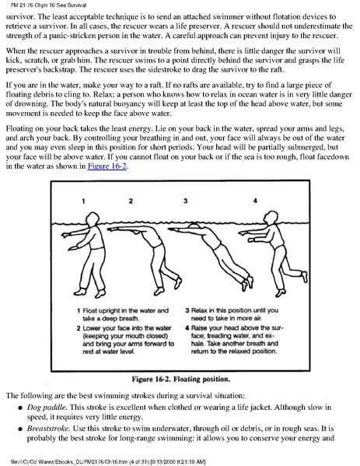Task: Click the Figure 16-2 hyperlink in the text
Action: (x=107, y=166)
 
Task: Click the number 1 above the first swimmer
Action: (x=83, y=201)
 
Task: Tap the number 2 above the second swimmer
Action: (x=131, y=201)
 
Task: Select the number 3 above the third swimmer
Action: (x=185, y=201)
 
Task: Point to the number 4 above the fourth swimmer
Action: (x=255, y=201)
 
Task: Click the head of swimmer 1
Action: (x=92, y=219)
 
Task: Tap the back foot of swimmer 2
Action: (x=178, y=282)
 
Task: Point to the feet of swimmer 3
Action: (x=248, y=282)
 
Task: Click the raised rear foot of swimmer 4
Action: (x=304, y=277)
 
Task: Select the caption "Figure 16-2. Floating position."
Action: (x=181, y=379)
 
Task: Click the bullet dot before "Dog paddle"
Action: (x=20, y=408)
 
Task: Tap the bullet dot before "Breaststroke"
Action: (x=20, y=429)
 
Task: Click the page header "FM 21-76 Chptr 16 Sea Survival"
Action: (x=48, y=5)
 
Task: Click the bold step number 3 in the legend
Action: (x=187, y=310)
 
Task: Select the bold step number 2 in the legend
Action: (x=79, y=328)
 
